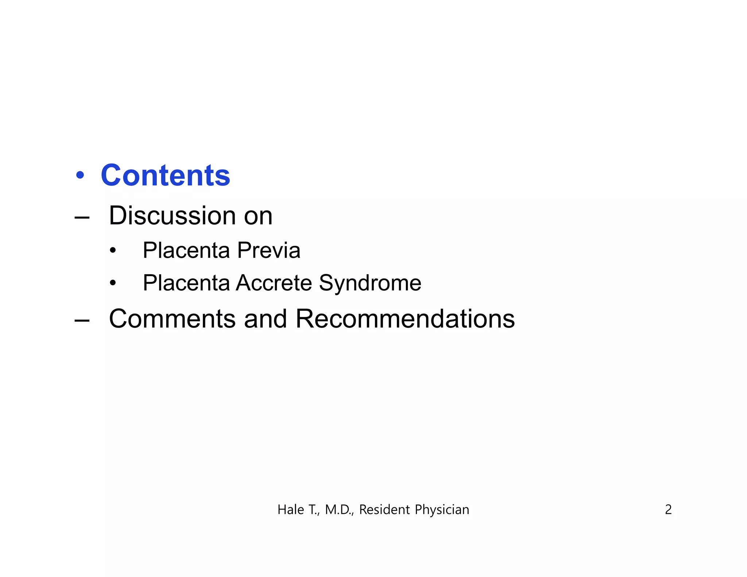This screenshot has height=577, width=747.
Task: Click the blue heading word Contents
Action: (x=165, y=175)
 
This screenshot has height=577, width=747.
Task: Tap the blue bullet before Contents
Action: (x=80, y=175)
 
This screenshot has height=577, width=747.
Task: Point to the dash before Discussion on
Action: (x=82, y=218)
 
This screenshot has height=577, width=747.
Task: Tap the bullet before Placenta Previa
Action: (x=113, y=251)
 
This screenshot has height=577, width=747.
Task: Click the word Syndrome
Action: (x=370, y=283)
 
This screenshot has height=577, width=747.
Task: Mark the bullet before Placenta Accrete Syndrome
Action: (x=113, y=283)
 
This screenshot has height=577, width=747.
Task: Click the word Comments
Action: (x=172, y=319)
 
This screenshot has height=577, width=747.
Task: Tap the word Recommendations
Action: (x=405, y=319)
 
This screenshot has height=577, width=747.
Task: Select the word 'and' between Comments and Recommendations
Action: (x=266, y=319)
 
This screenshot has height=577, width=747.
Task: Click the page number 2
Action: (x=668, y=510)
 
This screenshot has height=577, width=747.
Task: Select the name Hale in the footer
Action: (x=290, y=510)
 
